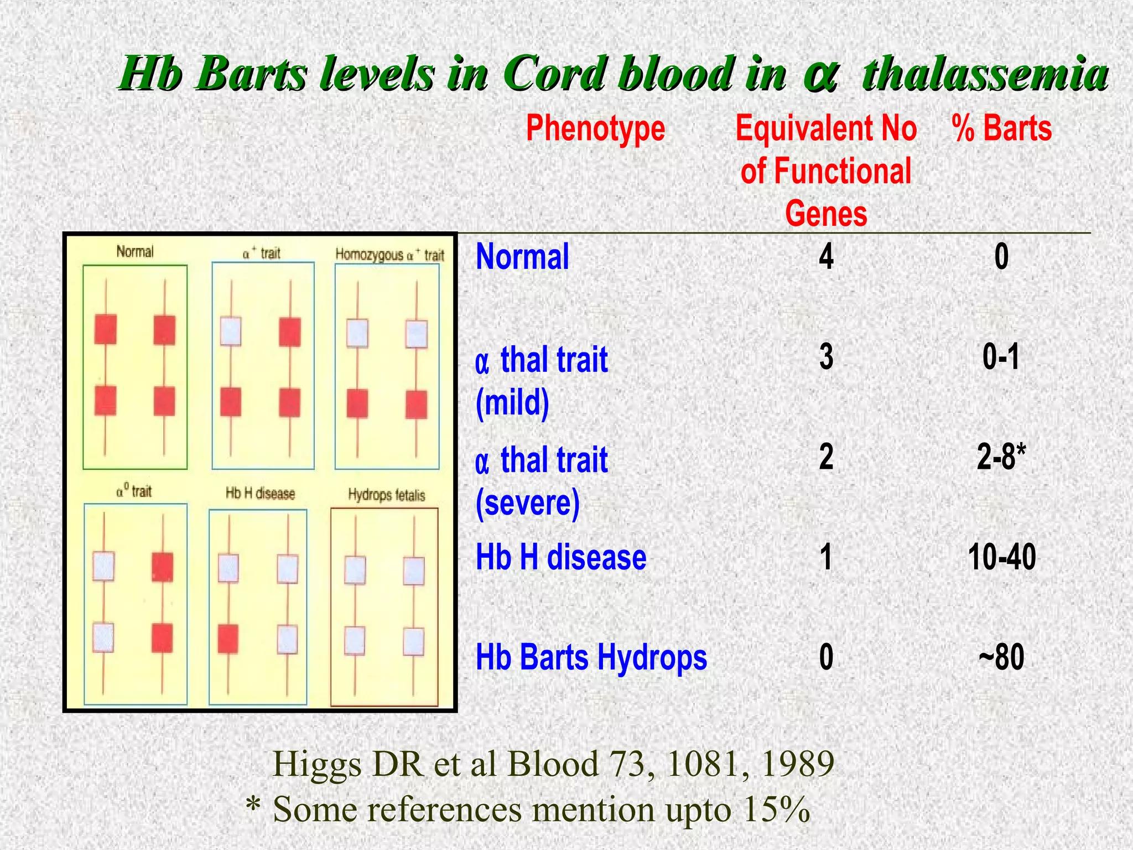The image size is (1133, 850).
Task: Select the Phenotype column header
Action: [x=595, y=128]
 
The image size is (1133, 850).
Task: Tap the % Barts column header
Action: [x=1001, y=128]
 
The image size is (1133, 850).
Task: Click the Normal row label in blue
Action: [x=522, y=257]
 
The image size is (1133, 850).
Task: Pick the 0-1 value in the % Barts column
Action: [x=1001, y=357]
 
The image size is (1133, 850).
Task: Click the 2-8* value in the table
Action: [x=1001, y=457]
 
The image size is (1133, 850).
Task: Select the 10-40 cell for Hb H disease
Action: [x=1002, y=557]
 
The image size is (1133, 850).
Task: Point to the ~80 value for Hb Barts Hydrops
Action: [x=1001, y=657]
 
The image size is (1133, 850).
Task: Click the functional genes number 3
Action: [x=827, y=357]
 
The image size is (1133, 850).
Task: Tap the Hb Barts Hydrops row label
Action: [x=591, y=657]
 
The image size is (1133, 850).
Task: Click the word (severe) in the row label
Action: [x=528, y=502]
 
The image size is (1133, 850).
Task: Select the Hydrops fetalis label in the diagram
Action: [x=386, y=495]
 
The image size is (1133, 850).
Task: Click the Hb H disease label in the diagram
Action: [x=260, y=493]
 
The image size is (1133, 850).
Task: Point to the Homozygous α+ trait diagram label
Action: [x=389, y=255]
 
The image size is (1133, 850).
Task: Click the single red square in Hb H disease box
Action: [x=228, y=639]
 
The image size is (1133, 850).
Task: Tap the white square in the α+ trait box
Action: [x=231, y=331]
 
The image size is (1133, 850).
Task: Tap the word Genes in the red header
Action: [x=826, y=214]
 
